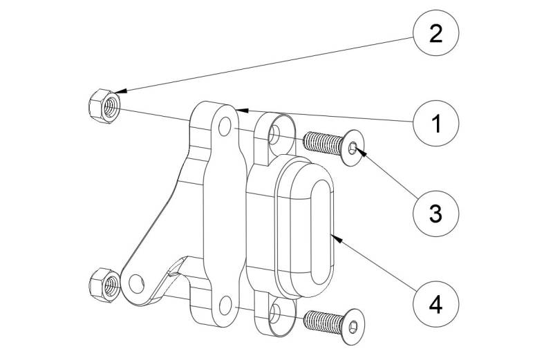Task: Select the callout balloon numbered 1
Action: tap(435, 124)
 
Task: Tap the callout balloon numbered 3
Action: tap(435, 212)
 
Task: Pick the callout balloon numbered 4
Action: tap(435, 303)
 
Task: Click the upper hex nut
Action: tap(104, 105)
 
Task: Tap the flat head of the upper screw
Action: tap(353, 146)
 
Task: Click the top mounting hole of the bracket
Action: tap(223, 126)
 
